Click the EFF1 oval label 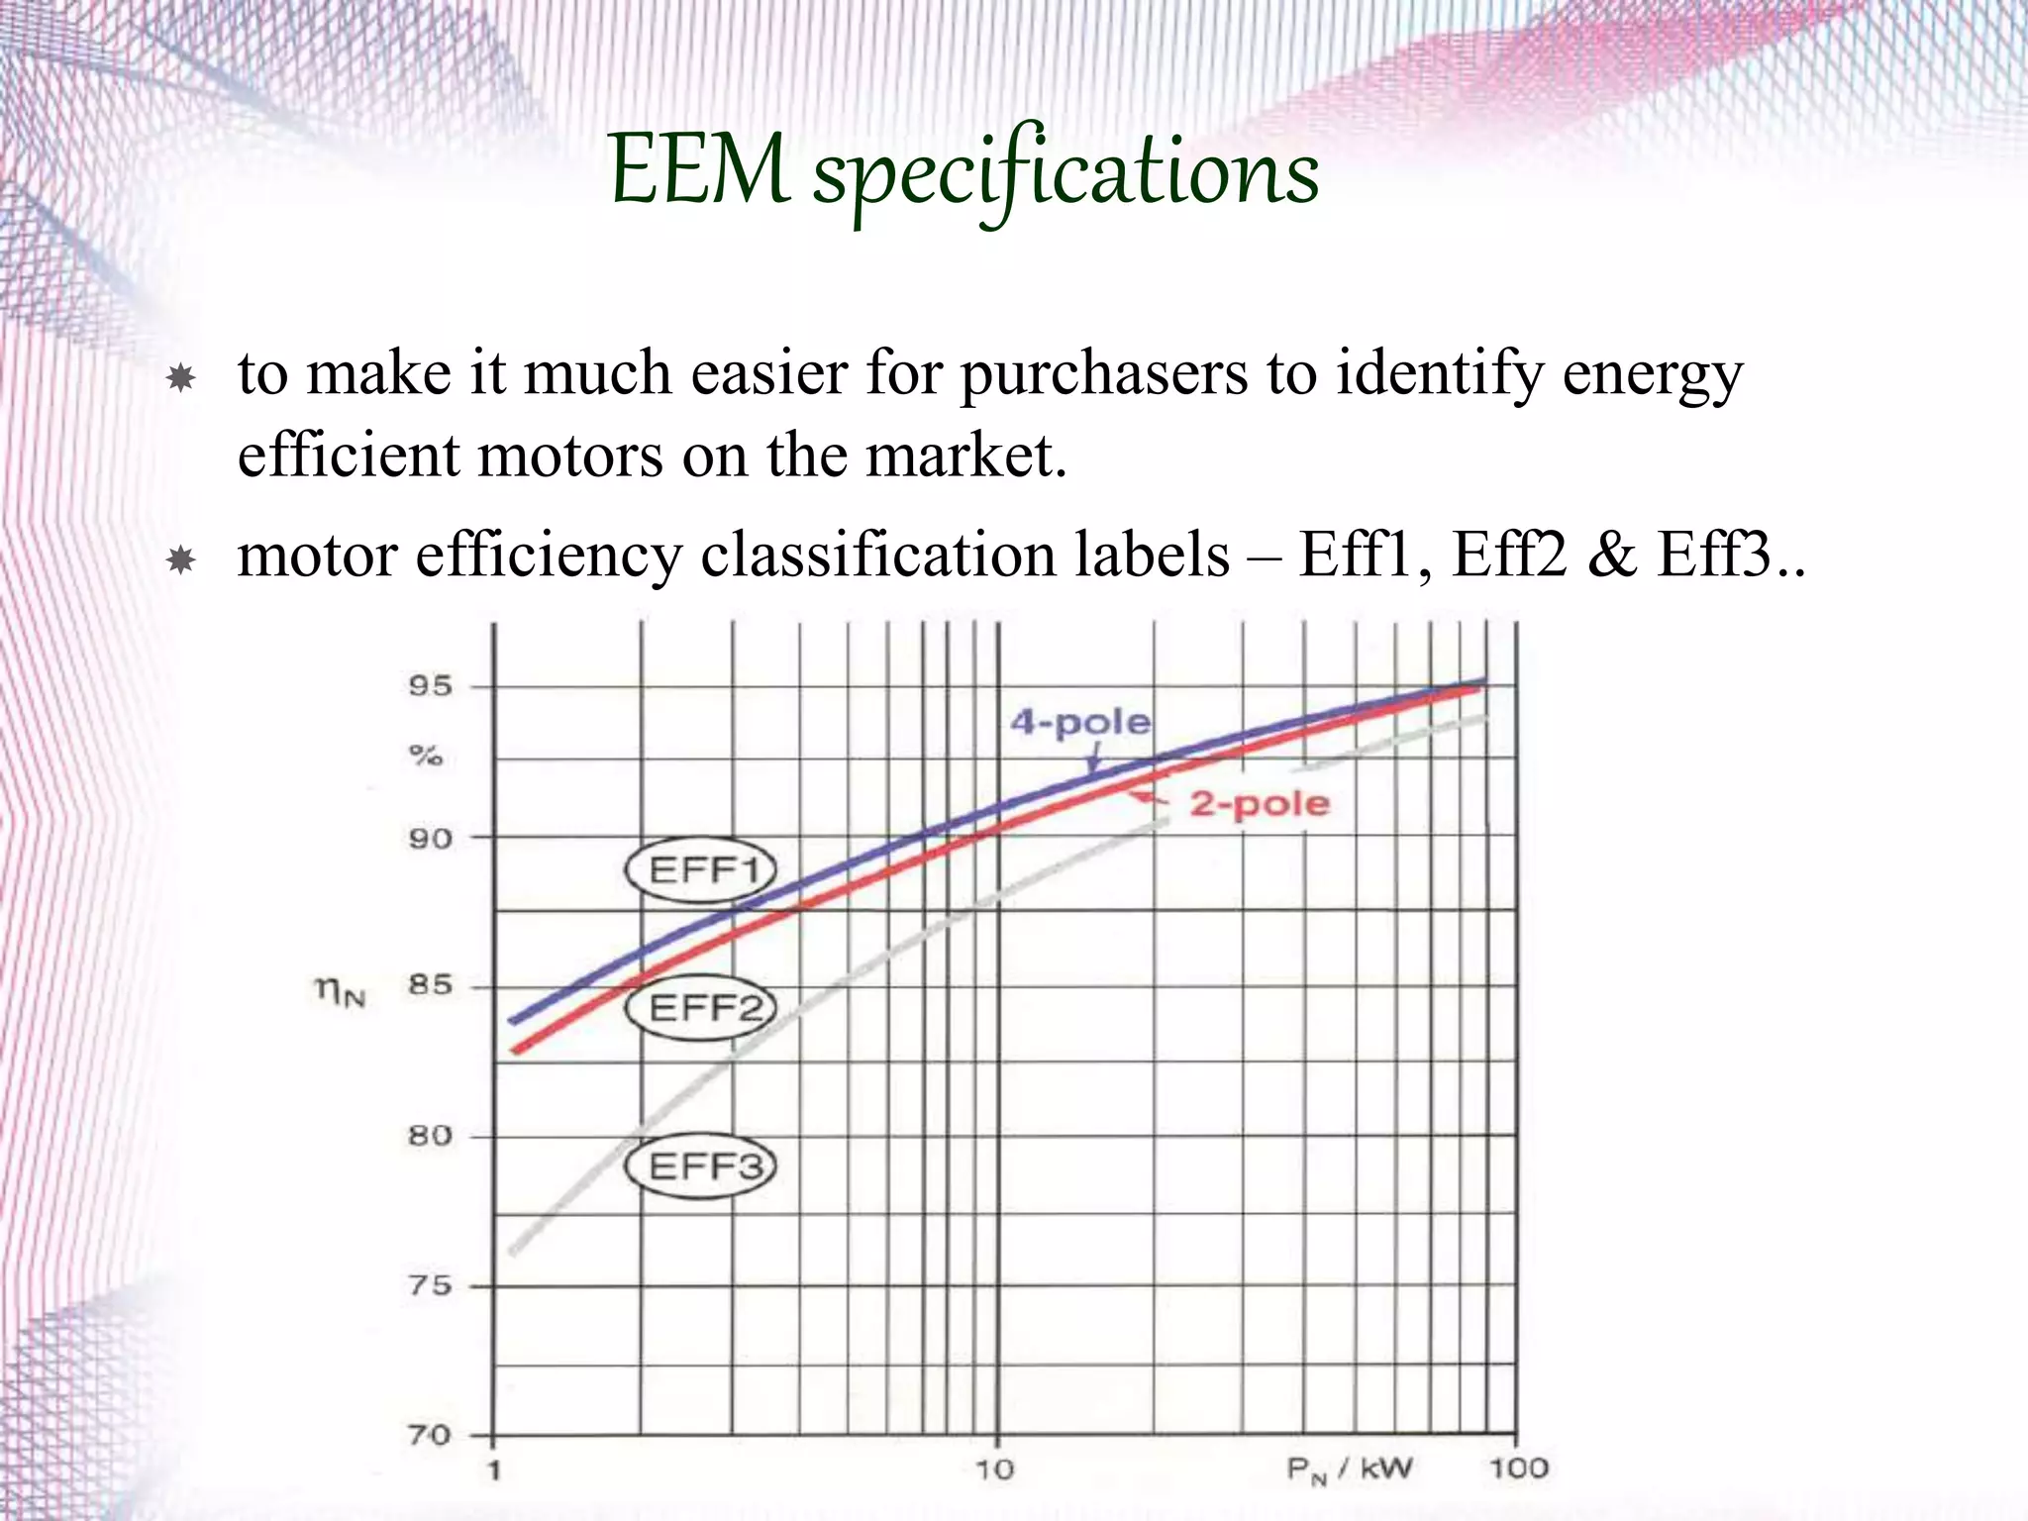701,869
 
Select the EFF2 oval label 701,1008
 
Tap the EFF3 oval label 701,1166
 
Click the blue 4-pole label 1080,722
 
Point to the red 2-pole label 1260,803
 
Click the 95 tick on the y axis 430,686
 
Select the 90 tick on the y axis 430,839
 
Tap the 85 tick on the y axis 430,985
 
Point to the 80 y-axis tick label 430,1135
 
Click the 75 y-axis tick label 430,1285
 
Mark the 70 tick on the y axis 430,1435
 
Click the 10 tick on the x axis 995,1470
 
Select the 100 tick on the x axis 1518,1468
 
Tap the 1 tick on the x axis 494,1470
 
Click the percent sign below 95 426,757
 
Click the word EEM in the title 700,171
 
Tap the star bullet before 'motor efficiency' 181,560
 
